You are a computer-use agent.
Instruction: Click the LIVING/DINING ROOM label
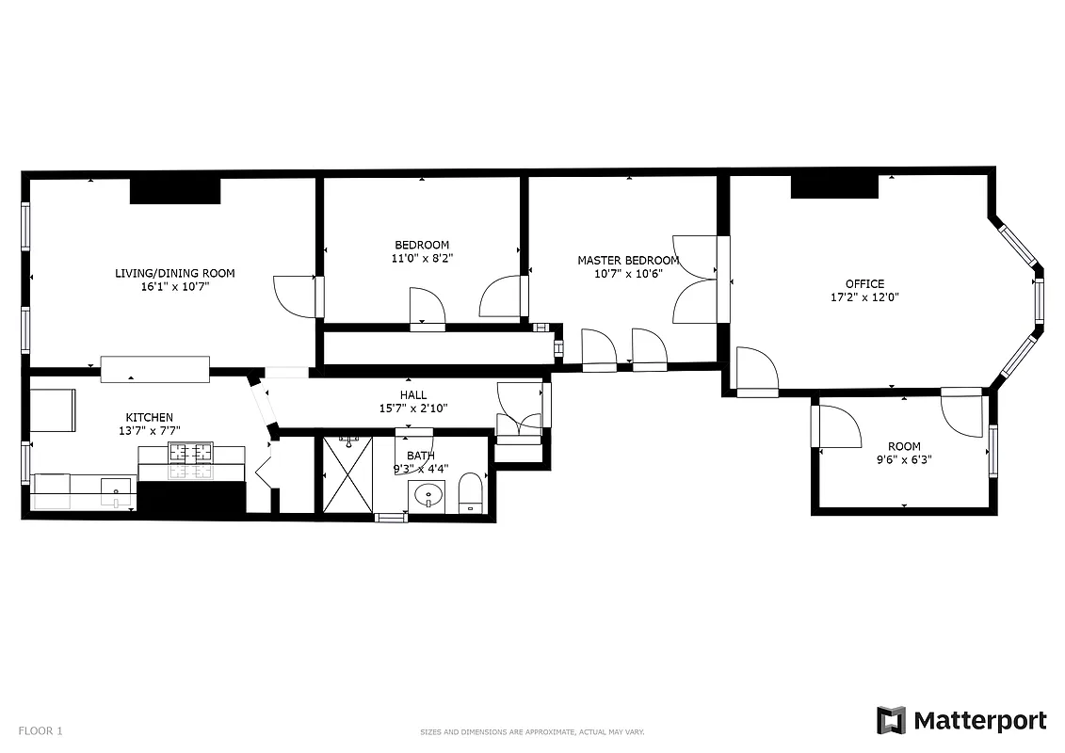tap(174, 273)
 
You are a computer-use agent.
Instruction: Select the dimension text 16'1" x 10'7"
tap(174, 286)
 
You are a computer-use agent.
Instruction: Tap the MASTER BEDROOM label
tap(627, 261)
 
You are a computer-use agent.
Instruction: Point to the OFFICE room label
tap(863, 283)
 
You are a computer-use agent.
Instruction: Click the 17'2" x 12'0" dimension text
tap(863, 296)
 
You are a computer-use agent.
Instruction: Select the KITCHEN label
tap(150, 417)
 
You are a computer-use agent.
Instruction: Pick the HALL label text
tap(413, 395)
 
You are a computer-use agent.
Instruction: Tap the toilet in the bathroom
tap(470, 494)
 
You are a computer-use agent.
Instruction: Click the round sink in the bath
tap(429, 493)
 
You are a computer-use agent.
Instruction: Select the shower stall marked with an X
tap(347, 474)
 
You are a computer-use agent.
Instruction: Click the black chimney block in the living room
tap(174, 190)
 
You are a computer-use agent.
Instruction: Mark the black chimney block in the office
tap(833, 186)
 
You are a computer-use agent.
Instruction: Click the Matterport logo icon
tap(891, 720)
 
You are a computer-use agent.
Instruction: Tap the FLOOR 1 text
tap(40, 730)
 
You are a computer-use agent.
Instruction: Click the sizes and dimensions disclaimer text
tap(531, 732)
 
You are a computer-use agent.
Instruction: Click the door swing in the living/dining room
tap(294, 296)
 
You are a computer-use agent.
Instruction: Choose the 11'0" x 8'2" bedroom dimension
tap(421, 258)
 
